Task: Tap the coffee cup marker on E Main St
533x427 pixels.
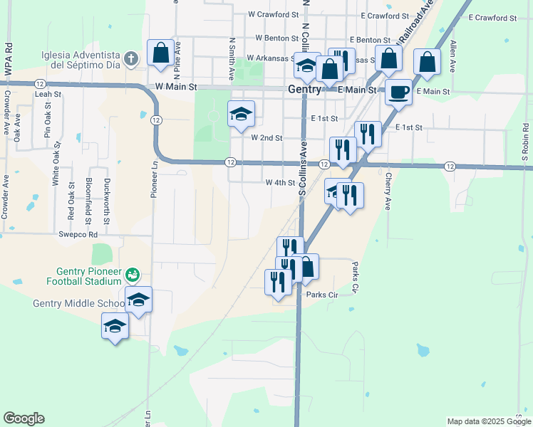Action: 398,92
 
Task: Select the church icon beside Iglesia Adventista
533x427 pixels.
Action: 130,58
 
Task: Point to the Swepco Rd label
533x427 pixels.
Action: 78,233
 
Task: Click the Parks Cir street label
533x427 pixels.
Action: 321,295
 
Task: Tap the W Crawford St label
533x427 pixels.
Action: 273,14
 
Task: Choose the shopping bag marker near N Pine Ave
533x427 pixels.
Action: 161,53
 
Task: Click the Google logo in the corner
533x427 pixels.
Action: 24,418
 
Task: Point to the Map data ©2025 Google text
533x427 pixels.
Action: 488,421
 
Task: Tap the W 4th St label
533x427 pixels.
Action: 280,183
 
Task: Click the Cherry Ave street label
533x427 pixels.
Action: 388,191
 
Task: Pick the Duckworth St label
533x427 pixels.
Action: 106,202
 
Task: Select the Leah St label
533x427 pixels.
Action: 48,94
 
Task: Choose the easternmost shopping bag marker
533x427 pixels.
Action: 427,63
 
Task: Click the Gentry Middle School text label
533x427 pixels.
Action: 78,304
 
